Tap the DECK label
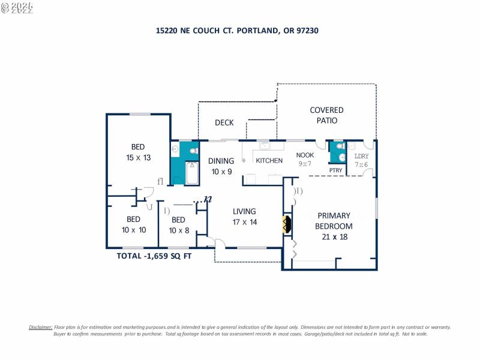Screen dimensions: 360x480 pos(224,123)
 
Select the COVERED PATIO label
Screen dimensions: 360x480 pos(326,115)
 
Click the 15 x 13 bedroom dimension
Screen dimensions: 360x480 pos(138,157)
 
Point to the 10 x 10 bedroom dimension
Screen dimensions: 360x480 pos(134,230)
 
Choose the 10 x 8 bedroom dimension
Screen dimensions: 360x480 pos(179,230)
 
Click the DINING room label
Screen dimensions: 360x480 pos(221,161)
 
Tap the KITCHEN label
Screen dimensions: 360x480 pos(269,161)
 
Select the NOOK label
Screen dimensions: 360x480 pos(305,155)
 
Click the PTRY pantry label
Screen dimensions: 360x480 pos(336,170)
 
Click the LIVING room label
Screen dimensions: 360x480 pos(245,211)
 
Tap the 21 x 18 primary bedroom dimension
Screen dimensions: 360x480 pos(334,236)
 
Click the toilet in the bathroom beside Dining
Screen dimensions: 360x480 pos(194,151)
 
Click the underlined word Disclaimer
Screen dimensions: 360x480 pos(41,327)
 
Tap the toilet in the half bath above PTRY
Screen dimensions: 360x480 pos(341,146)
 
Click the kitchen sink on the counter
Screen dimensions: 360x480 pos(265,145)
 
